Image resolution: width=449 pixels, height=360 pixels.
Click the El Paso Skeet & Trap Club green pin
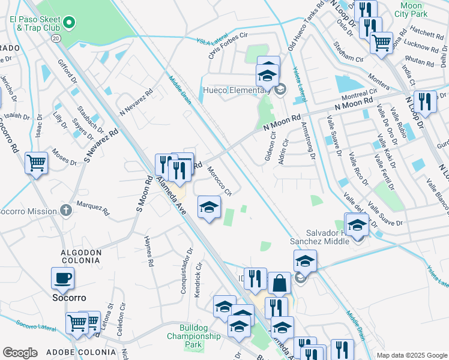pos(70,23)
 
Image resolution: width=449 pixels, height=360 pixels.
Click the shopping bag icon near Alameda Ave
pos(279,283)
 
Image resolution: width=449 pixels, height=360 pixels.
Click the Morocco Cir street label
pos(219,181)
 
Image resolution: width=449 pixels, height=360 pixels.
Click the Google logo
pos(20,352)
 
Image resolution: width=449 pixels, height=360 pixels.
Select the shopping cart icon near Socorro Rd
pos(36,162)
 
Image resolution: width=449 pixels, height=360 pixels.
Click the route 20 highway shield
pos(56,38)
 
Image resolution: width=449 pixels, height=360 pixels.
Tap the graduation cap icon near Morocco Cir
pos(209,207)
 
